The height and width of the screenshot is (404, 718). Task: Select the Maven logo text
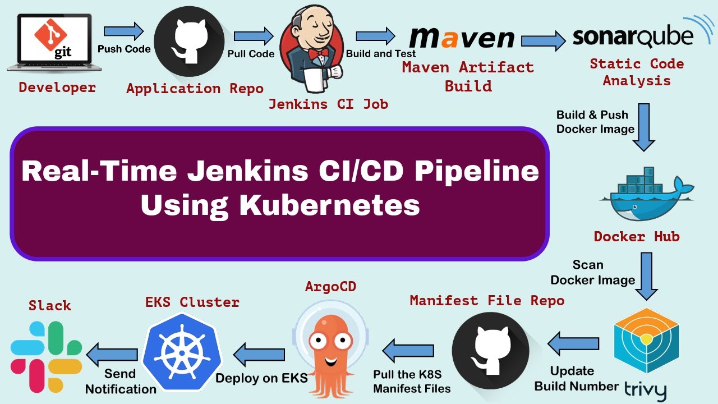click(461, 38)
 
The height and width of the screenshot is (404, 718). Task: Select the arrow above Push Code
click(123, 30)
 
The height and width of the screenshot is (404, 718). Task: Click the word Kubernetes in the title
click(329, 205)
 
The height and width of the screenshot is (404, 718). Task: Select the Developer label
click(57, 88)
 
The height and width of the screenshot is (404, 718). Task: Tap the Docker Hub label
click(637, 236)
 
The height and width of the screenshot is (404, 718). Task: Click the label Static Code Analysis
click(637, 72)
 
